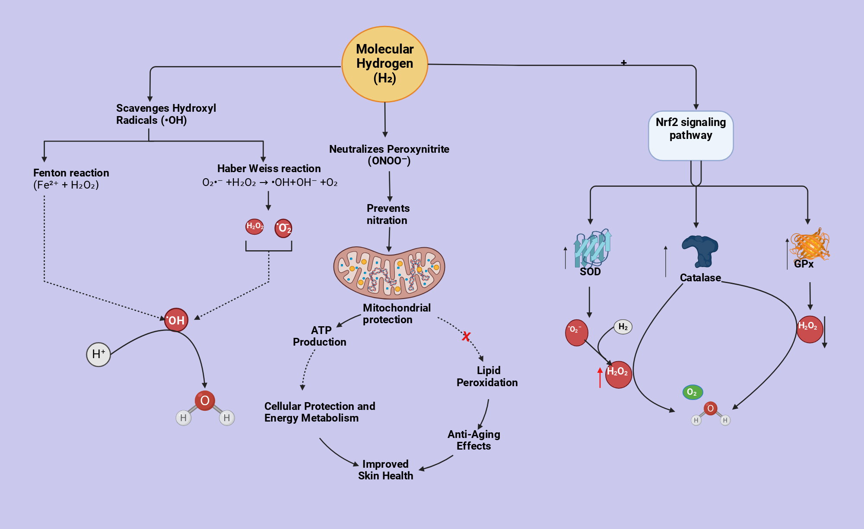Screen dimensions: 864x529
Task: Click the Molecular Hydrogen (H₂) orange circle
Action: (384, 64)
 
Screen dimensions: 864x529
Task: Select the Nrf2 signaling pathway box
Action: (691, 136)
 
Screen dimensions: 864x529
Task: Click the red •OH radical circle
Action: (176, 320)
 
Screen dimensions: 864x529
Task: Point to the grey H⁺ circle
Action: (98, 354)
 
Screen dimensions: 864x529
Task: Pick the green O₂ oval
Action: (692, 392)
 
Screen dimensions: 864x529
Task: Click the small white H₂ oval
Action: (623, 327)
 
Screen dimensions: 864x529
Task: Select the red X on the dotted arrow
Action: (466, 336)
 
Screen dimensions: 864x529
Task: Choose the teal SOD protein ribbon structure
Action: (592, 248)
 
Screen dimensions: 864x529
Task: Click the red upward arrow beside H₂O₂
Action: (600, 378)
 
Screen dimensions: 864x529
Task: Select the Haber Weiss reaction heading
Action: (269, 168)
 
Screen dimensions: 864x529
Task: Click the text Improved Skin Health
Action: (385, 470)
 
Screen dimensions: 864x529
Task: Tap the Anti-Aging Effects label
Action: (474, 440)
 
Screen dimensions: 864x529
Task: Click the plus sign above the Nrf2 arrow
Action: (624, 63)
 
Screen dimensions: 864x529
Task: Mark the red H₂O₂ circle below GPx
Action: (810, 329)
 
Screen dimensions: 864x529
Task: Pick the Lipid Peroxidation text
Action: (487, 376)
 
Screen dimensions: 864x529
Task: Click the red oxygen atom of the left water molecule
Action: (205, 400)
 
